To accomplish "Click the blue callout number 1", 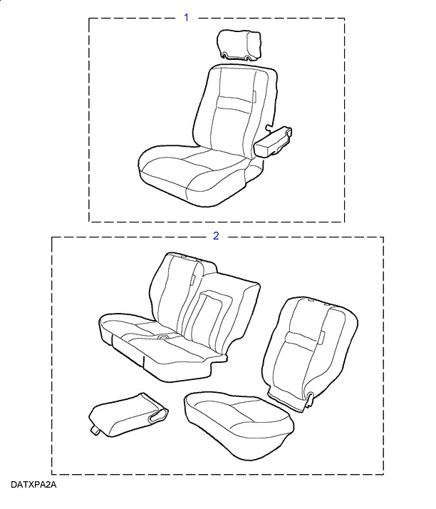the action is click(186, 18).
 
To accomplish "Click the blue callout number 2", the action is click(216, 236).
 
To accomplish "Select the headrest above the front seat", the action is click(239, 45).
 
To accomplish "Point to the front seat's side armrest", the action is click(273, 142).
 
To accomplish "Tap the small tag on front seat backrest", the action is click(254, 97).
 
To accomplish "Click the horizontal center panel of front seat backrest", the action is click(234, 103).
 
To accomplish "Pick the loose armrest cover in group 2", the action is click(128, 414).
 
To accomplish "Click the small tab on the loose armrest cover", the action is click(95, 431).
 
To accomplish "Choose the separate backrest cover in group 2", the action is click(310, 352).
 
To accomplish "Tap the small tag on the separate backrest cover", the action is click(322, 338).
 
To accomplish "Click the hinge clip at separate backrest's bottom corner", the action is click(309, 400).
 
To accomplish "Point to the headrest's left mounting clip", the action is click(225, 54).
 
